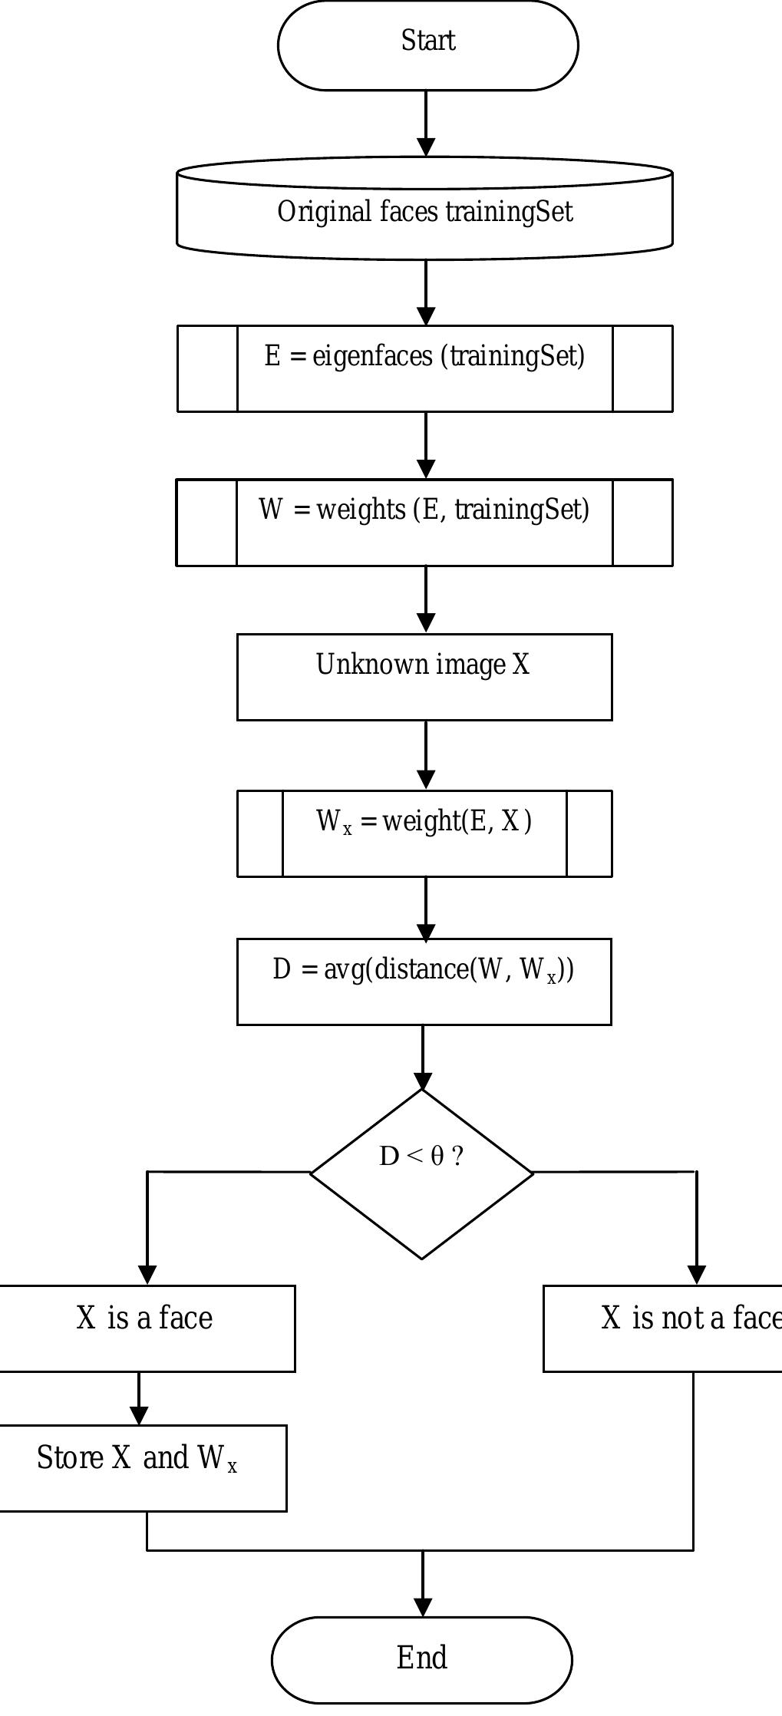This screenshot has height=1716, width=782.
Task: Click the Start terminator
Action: (427, 45)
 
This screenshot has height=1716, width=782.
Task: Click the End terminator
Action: (421, 1659)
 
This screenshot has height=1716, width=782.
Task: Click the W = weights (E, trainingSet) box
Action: (424, 523)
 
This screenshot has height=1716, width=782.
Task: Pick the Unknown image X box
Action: (424, 677)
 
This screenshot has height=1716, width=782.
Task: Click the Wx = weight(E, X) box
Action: (424, 833)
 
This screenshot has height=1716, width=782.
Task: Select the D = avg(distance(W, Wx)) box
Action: (424, 982)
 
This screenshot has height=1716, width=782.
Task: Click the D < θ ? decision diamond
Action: (421, 1174)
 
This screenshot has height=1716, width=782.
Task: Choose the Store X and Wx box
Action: (138, 1468)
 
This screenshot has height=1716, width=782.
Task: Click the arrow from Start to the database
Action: (426, 123)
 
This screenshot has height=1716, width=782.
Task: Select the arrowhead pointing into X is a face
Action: (147, 1275)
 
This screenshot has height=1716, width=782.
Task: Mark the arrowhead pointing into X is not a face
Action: (696, 1275)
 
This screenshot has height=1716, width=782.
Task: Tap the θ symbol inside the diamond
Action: (437, 1156)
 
